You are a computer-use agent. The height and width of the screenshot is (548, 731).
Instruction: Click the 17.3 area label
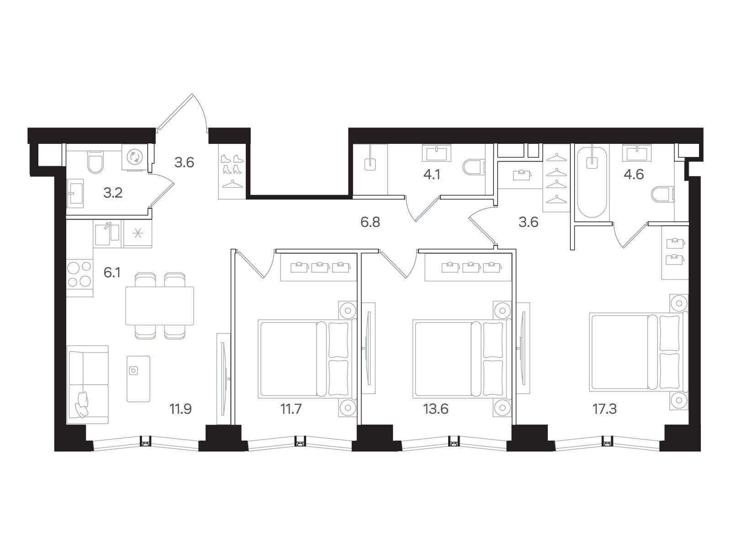pyautogui.click(x=604, y=409)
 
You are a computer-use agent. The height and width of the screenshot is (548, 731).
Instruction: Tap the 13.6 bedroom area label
pyautogui.click(x=436, y=409)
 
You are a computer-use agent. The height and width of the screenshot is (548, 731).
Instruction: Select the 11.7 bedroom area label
pyautogui.click(x=291, y=409)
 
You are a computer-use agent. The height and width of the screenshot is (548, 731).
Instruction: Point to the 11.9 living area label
pyautogui.click(x=180, y=409)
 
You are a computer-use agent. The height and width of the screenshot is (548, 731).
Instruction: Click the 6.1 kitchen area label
pyautogui.click(x=112, y=273)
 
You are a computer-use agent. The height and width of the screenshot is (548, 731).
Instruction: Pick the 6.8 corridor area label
pyautogui.click(x=370, y=222)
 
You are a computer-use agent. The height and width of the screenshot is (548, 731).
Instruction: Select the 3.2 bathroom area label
pyautogui.click(x=112, y=193)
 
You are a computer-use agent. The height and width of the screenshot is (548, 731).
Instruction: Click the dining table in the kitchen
pyautogui.click(x=159, y=306)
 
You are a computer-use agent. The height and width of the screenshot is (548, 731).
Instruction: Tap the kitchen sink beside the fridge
pyautogui.click(x=107, y=232)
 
